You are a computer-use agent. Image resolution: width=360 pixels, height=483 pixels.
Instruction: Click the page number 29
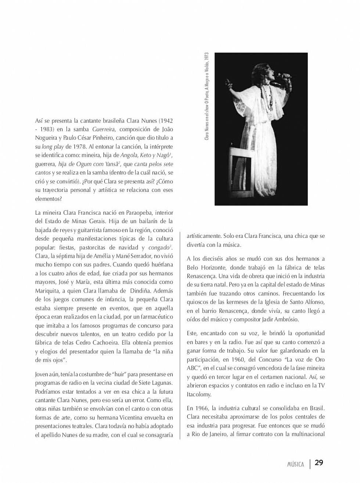(x=319, y=463)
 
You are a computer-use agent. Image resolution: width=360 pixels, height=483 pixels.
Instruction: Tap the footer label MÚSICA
(x=295, y=464)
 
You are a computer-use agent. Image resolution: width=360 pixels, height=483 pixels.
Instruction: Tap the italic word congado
(x=159, y=247)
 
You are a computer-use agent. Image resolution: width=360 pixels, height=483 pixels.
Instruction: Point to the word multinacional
(x=307, y=434)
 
